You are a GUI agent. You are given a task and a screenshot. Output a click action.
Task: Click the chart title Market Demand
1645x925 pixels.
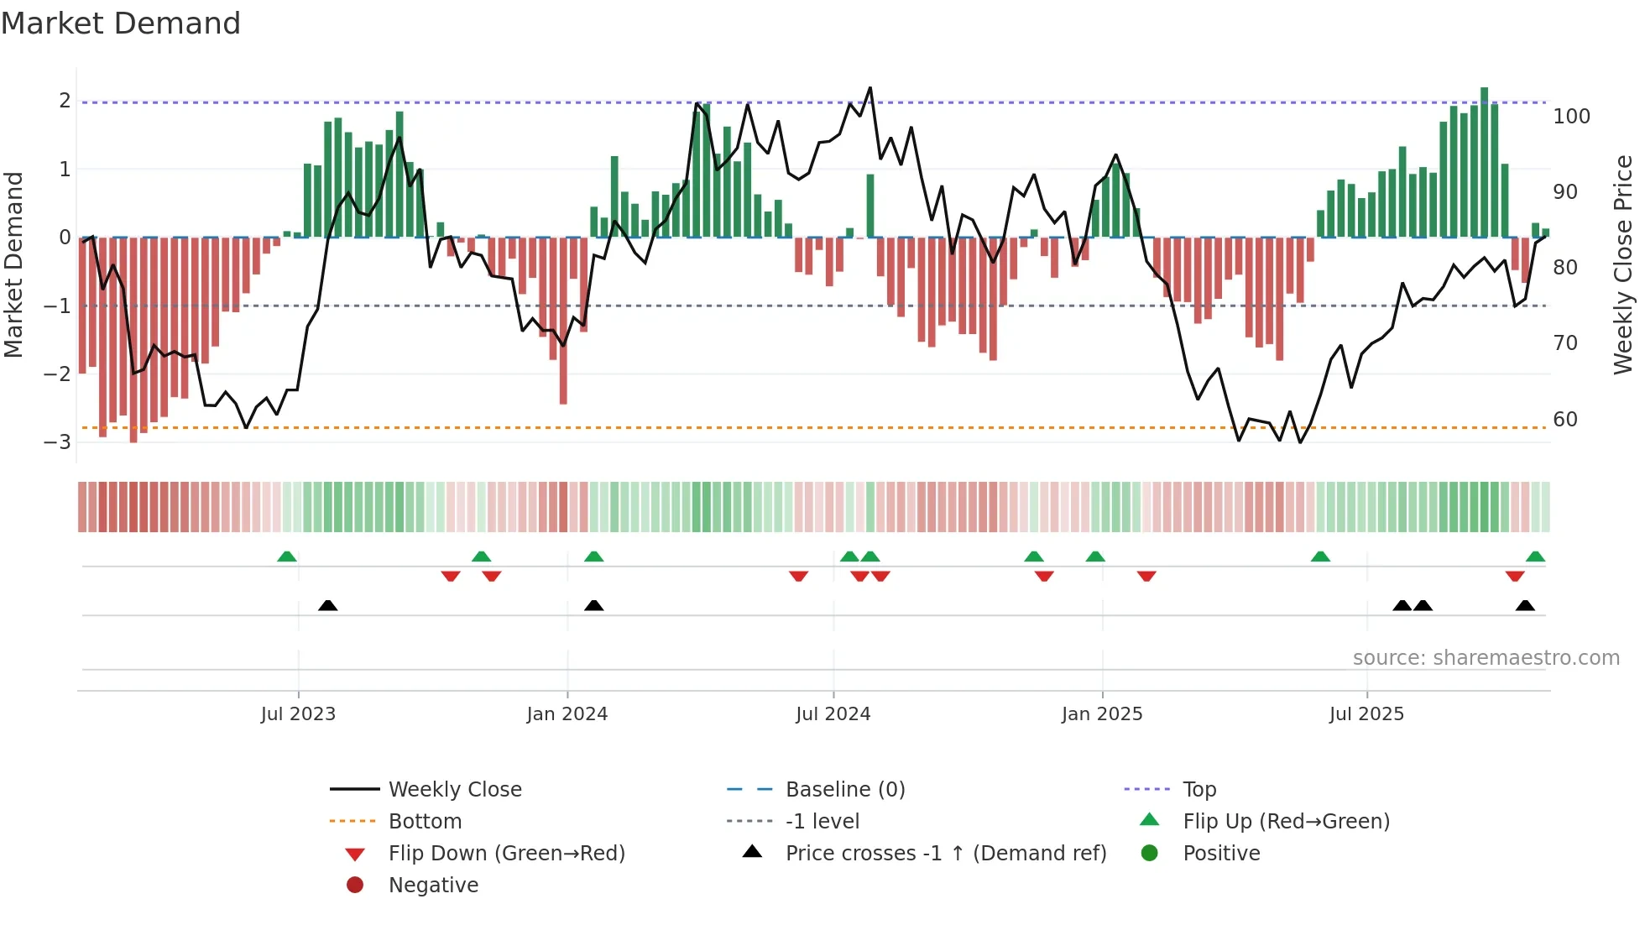121,24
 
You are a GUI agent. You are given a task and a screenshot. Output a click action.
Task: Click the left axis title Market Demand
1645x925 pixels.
14,265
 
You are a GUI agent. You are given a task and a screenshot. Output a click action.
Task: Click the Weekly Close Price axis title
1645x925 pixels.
1623,265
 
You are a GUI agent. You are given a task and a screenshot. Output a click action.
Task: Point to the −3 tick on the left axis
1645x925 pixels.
57,442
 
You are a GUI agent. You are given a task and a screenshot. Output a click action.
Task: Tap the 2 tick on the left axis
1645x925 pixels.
65,101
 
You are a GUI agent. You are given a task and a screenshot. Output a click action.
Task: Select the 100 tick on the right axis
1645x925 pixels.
1571,117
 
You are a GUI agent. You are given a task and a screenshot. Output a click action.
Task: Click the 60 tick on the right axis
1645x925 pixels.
1564,420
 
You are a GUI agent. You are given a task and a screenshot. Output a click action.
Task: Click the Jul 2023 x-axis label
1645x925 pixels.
298,714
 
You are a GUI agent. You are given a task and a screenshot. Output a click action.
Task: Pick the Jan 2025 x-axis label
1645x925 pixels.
1101,714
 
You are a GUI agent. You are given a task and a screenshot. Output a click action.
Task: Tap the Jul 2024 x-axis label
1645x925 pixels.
833,714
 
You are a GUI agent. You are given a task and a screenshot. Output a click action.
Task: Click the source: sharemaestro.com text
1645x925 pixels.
1486,658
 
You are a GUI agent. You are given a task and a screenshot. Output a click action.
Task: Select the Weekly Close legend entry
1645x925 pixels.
454,790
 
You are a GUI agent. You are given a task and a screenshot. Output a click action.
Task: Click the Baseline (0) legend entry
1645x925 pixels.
844,790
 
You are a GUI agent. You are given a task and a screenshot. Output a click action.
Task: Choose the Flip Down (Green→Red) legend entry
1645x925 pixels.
506,854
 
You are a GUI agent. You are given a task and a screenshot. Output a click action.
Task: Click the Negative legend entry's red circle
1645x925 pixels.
355,886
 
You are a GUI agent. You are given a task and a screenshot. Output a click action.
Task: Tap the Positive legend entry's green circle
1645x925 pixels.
1150,854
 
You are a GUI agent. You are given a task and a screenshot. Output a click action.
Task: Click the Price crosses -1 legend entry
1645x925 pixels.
945,854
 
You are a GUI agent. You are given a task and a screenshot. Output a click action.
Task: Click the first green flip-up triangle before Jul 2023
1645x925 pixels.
287,557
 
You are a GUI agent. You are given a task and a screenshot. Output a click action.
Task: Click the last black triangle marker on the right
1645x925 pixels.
1525,606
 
